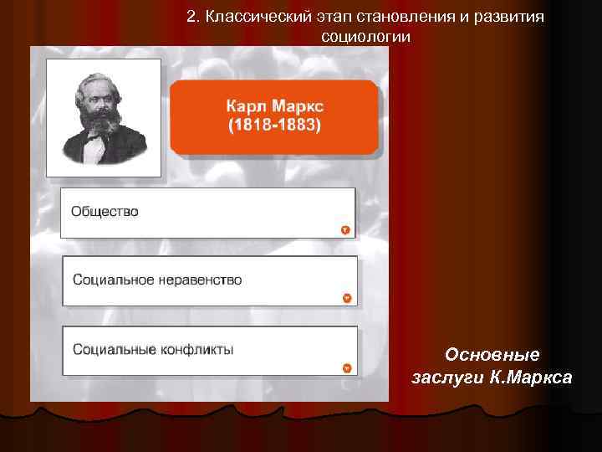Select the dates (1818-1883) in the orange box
[274, 126]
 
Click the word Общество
[105, 212]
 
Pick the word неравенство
[200, 280]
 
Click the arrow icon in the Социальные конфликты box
[347, 368]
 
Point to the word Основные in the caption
[492, 354]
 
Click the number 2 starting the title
[191, 18]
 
